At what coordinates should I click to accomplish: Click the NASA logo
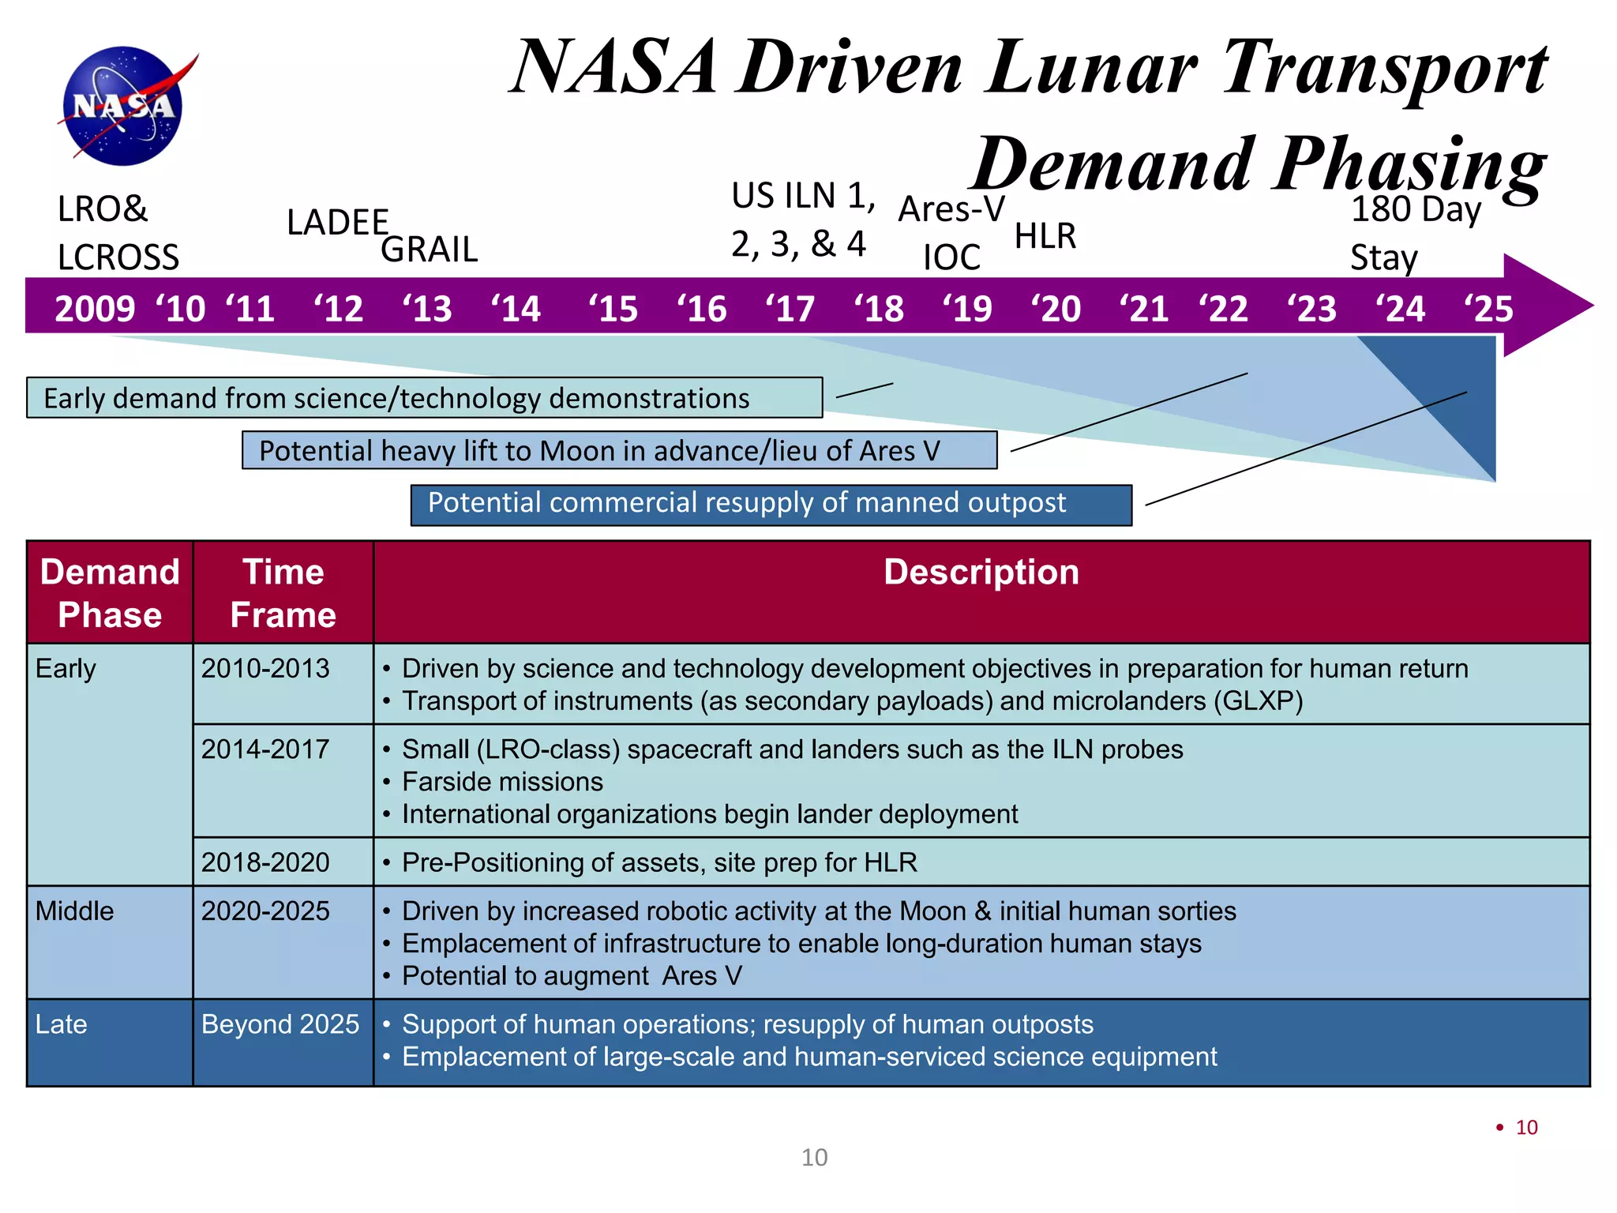(124, 106)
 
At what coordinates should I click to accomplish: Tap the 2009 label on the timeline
(95, 308)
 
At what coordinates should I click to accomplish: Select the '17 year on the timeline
(790, 308)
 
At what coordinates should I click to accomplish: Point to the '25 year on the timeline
(1488, 308)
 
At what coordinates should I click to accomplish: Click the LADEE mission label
(337, 223)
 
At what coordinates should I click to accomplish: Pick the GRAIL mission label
(429, 250)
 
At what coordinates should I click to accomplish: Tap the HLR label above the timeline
(1045, 236)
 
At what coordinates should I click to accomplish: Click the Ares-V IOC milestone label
(951, 233)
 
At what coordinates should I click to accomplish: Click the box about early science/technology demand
(424, 398)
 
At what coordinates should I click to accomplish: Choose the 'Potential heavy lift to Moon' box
(619, 450)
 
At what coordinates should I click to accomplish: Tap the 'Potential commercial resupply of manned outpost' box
(771, 505)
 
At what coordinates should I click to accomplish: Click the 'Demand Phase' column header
(110, 592)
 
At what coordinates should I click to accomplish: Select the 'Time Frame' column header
(283, 592)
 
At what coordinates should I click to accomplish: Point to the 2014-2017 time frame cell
(265, 749)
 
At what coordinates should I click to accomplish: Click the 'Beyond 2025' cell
(280, 1024)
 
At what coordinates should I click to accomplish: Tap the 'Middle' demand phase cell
(75, 911)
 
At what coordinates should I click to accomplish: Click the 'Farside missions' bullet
(502, 782)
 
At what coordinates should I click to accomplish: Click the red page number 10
(1526, 1128)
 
